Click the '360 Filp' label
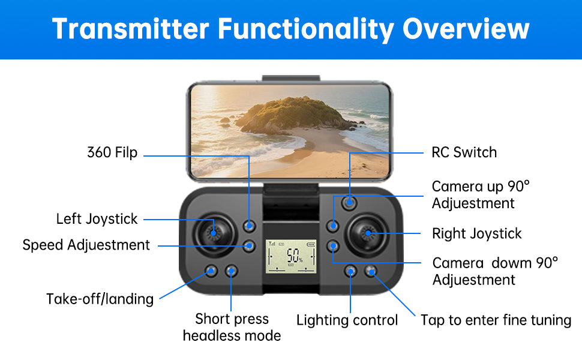pos(112,152)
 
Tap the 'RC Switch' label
pos(464,152)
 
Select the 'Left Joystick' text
pos(97,219)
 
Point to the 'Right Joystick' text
pos(476,233)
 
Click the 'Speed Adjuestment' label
pos(86,245)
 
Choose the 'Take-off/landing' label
pos(100,299)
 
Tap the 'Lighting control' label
pos(347,320)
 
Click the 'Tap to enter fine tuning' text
pos(496,320)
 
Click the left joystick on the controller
pos(214,233)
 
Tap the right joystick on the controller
pos(367,233)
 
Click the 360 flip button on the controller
pos(250,225)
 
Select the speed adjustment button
pos(250,245)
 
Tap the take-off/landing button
pos(211,271)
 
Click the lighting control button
pos(350,271)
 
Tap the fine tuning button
pos(370,271)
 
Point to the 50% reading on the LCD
pos(295,256)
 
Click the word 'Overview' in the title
pos(466,29)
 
